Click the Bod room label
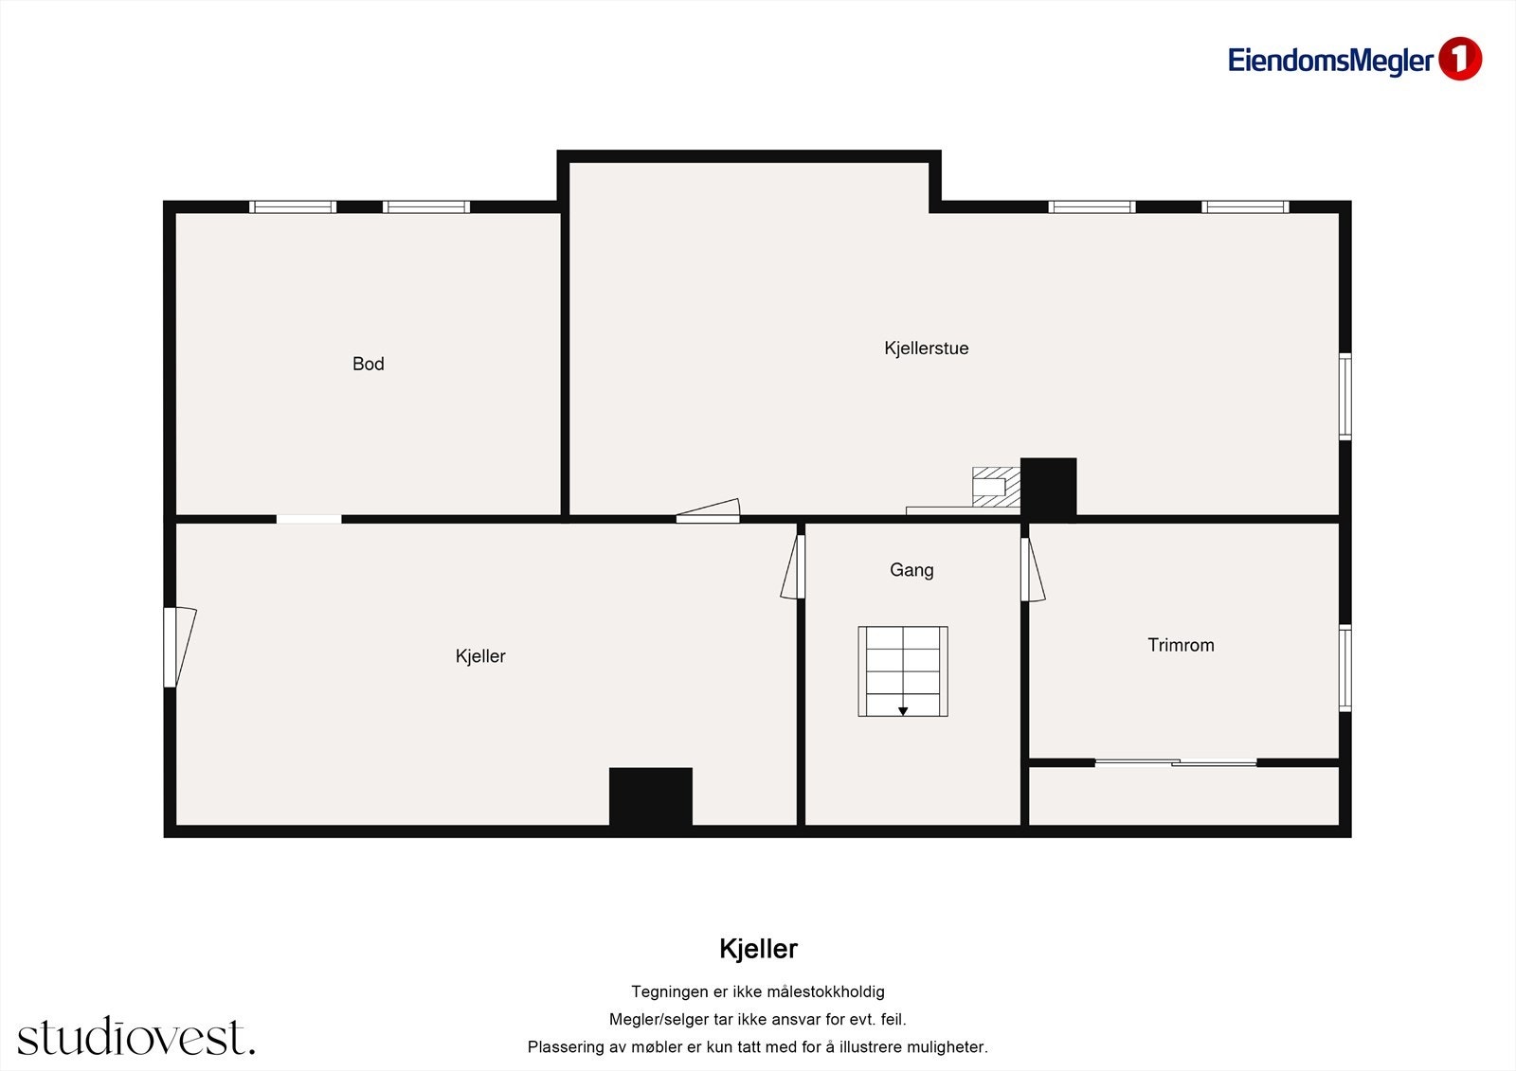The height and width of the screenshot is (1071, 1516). click(x=368, y=364)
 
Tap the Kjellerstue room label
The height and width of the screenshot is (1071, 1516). click(x=926, y=348)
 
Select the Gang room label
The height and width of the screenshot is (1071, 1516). click(x=911, y=570)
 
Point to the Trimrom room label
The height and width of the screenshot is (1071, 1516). click(x=1181, y=645)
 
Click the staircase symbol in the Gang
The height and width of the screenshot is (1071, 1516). click(x=903, y=670)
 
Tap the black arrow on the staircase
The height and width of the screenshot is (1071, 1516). click(x=903, y=711)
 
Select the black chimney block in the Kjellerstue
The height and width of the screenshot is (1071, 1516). click(x=1048, y=488)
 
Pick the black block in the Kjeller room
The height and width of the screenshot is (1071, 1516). click(x=650, y=796)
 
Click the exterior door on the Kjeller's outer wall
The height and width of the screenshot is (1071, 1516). click(x=178, y=647)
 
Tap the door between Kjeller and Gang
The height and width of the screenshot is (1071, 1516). click(x=793, y=566)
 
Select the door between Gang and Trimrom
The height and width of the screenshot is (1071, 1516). click(x=1032, y=569)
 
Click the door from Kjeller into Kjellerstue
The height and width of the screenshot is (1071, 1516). click(x=708, y=511)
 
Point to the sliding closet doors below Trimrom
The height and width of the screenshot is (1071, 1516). click(x=1176, y=762)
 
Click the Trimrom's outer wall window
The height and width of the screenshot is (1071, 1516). click(x=1345, y=668)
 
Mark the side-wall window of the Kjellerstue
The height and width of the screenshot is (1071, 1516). click(x=1345, y=396)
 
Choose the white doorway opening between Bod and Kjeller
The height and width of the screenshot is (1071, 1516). click(x=309, y=519)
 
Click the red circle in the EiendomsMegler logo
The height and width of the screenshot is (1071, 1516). click(x=1459, y=59)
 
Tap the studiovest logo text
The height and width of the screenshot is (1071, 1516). click(x=135, y=1037)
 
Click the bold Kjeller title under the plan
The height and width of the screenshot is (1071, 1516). click(x=758, y=949)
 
